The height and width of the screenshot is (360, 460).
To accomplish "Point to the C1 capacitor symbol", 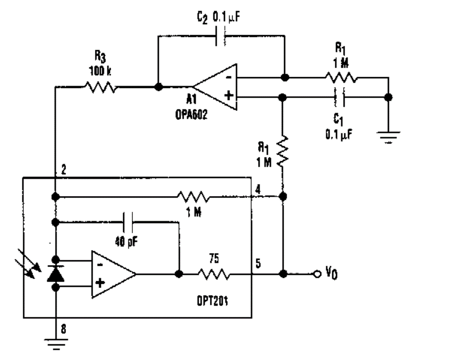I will pos(340,97).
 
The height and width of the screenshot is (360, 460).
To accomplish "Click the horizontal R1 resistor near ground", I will pos(341,78).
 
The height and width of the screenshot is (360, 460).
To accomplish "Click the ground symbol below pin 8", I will pos(55,342).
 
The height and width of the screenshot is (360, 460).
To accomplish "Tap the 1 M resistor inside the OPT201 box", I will pos(194,197).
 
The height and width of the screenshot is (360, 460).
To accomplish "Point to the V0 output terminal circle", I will pos(316,274).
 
